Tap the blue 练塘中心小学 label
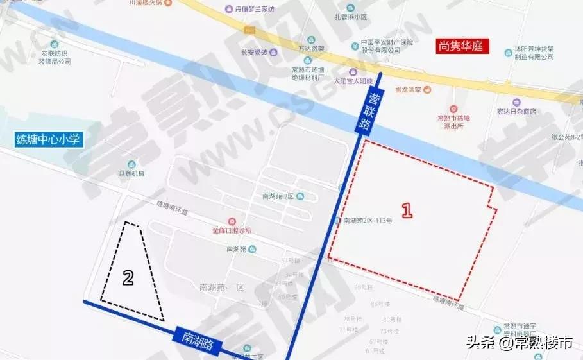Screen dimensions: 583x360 tap(49, 139)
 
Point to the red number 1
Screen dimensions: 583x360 tap(405, 210)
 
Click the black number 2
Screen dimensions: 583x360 tap(128, 277)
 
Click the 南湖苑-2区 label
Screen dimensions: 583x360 tap(278, 196)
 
